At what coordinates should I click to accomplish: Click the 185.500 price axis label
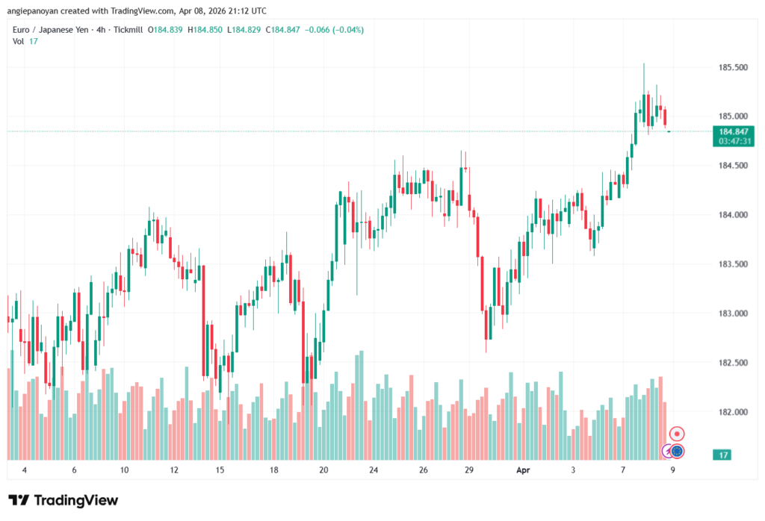tap(733, 68)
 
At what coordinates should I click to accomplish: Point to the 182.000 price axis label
tap(733, 412)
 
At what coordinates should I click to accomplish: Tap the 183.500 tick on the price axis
tap(733, 264)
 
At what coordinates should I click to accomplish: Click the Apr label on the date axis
tap(524, 471)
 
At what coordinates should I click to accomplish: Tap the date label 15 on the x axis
tap(220, 471)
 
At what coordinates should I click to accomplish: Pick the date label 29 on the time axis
tap(469, 471)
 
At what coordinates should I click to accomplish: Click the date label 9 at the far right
tap(673, 471)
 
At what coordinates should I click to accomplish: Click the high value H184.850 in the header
tap(204, 30)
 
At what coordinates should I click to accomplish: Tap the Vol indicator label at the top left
tap(19, 41)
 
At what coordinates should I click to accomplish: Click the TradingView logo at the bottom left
tap(64, 500)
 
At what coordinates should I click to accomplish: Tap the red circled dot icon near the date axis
tap(677, 434)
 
